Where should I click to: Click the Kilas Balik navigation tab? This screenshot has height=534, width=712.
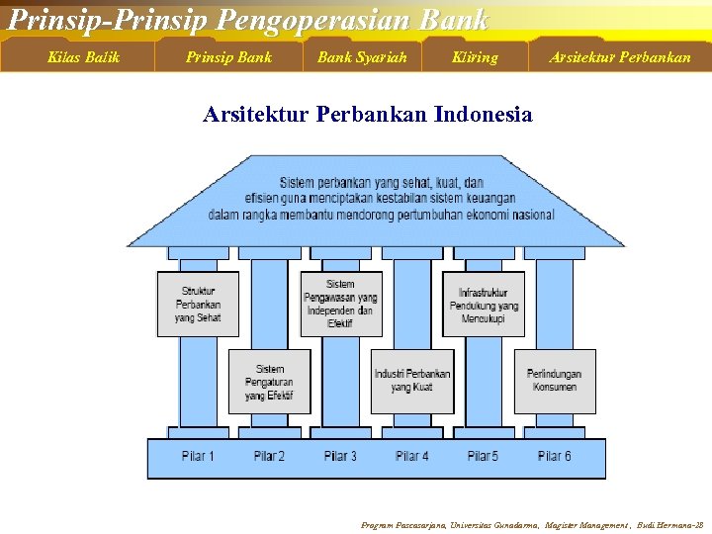(83, 56)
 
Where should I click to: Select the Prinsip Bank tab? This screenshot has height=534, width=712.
(228, 56)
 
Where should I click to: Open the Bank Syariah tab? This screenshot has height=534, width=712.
(362, 56)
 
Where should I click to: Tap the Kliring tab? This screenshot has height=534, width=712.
(475, 56)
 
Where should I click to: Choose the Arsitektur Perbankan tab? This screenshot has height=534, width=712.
(620, 56)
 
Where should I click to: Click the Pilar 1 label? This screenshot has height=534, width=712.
(198, 456)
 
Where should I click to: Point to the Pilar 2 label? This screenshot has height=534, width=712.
(269, 456)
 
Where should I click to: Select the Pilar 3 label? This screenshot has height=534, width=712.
(340, 456)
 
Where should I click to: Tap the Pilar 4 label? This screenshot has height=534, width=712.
(411, 456)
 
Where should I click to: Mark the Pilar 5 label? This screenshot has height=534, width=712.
(483, 456)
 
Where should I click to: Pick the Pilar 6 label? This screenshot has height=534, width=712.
(554, 456)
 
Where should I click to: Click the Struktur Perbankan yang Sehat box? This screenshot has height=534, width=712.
(198, 304)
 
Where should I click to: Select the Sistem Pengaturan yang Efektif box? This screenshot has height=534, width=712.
(269, 382)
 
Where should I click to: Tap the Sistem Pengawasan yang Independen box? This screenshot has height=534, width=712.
(340, 304)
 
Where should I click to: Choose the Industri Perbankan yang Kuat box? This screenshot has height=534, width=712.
(411, 381)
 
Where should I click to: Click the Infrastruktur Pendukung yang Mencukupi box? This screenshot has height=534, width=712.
(484, 304)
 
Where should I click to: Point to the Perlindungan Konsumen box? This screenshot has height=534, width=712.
(554, 381)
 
